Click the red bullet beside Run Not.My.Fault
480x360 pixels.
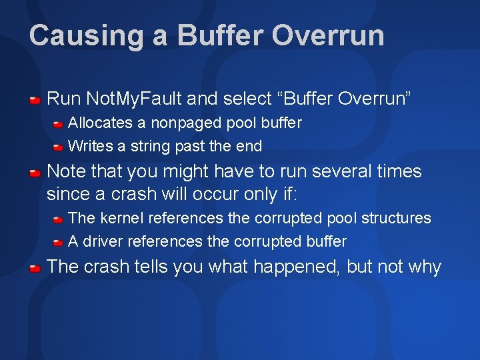click(x=35, y=100)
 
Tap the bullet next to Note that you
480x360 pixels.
click(x=35, y=172)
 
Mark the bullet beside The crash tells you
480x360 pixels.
click(x=35, y=268)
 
